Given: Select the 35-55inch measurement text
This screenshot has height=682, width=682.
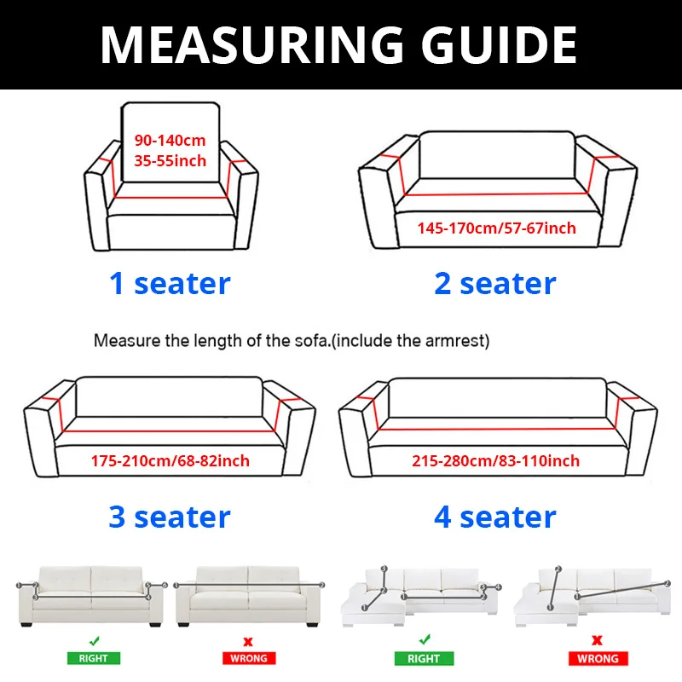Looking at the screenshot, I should click(170, 160).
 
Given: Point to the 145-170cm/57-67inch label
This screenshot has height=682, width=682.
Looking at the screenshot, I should click(496, 228).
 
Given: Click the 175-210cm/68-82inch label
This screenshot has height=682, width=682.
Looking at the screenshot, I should click(170, 461).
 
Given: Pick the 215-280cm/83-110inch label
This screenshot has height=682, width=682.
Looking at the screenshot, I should click(495, 461).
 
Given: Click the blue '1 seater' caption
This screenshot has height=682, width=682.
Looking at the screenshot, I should click(170, 283).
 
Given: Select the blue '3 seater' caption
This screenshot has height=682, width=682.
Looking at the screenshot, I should click(170, 517).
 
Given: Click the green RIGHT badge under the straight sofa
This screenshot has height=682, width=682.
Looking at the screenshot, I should click(95, 658).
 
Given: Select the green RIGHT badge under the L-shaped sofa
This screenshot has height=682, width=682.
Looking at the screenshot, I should click(424, 658).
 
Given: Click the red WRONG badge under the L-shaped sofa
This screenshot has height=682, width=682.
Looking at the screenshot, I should click(598, 658).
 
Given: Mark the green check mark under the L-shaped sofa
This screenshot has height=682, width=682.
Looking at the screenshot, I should click(424, 639).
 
